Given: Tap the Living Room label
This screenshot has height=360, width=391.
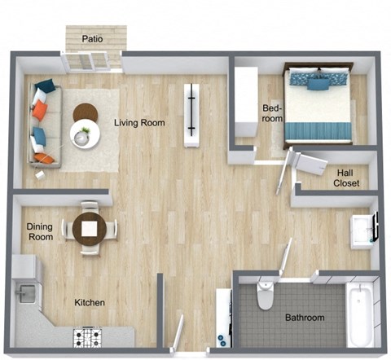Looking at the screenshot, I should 139,123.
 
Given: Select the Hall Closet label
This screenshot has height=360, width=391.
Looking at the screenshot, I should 348,178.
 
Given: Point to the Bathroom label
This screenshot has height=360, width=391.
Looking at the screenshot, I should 304,318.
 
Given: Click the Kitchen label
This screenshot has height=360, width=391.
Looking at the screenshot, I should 90,303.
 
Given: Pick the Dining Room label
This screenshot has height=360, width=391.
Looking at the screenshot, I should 40,232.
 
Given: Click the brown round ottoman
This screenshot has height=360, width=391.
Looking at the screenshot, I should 86,112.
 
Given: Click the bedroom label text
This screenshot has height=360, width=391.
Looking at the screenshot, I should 271,113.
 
